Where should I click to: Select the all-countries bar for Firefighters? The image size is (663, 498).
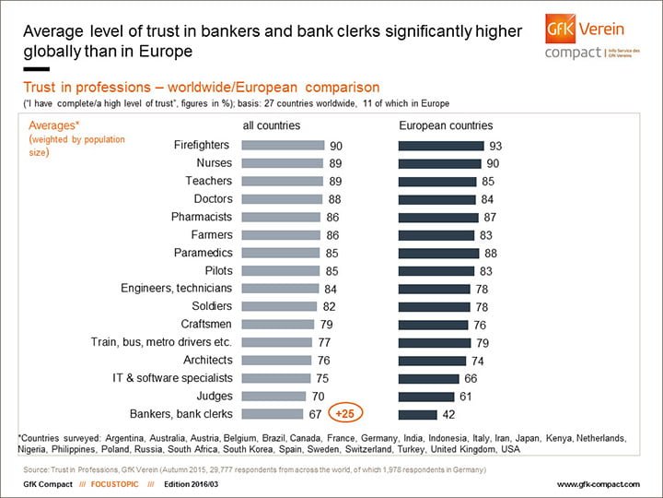coord(283,145)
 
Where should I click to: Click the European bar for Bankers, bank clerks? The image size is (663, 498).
coord(417,414)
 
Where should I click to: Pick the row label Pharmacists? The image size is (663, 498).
coord(203,217)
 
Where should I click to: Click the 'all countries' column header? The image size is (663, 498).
coord(271,125)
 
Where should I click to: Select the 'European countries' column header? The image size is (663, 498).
coord(446,125)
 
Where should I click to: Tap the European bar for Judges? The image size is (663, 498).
coord(425,396)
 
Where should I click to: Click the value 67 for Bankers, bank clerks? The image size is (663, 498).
coord(316,414)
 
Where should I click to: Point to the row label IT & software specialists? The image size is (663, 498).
coord(172,378)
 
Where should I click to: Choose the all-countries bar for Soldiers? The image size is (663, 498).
coord(279,306)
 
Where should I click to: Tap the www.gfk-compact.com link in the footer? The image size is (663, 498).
coord(599,484)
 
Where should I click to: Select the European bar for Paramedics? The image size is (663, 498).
coord(438,253)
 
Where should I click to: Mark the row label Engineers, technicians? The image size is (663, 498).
coord(176,289)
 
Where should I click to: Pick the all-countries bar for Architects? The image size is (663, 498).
coord(276,360)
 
